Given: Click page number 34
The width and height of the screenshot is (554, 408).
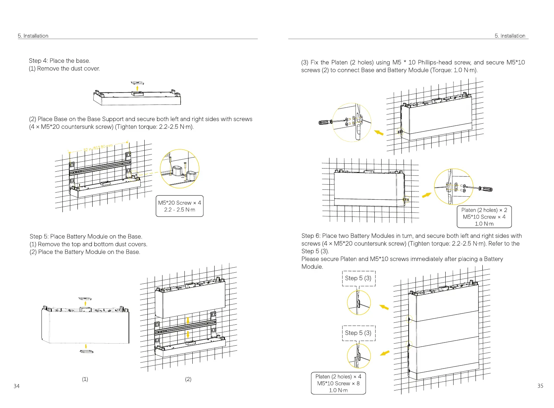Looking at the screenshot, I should tap(16, 386).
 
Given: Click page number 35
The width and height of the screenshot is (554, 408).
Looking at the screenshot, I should tap(540, 386).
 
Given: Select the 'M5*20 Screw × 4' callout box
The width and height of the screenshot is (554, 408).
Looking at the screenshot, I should tap(180, 206).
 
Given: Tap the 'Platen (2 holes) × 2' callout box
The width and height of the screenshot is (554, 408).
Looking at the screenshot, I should tap(484, 217).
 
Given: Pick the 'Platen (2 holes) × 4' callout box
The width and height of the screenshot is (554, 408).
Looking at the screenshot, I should tap(338, 383).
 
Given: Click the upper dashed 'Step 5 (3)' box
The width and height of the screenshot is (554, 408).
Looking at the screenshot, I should tap(359, 278).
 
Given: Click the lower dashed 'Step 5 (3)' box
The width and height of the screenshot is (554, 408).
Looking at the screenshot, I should tap(359, 333).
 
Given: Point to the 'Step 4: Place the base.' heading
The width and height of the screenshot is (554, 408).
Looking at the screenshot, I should tap(60, 61).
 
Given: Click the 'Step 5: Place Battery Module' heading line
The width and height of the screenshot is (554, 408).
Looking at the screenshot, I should tap(86, 236).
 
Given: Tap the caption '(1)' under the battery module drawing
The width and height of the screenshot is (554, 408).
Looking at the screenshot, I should tap(85, 379).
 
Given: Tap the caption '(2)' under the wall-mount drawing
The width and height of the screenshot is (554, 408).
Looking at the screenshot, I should tap(188, 379).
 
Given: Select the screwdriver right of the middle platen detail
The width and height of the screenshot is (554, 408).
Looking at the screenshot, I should tap(485, 189).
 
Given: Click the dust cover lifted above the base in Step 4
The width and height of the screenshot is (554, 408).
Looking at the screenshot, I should tap(137, 83).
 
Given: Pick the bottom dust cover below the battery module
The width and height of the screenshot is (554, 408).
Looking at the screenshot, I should tap(86, 351).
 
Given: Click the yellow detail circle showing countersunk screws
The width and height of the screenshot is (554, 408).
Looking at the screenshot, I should tap(180, 169).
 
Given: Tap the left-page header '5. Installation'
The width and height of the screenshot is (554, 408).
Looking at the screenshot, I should tap(33, 36).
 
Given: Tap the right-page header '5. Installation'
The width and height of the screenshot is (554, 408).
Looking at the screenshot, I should tap(510, 36).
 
